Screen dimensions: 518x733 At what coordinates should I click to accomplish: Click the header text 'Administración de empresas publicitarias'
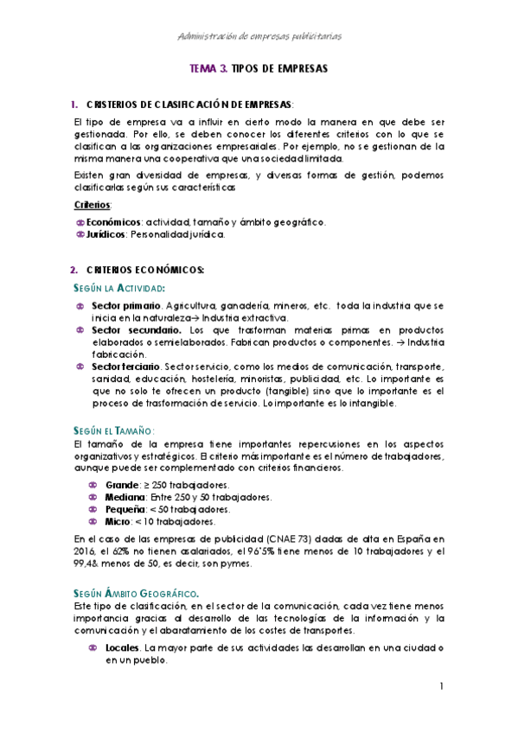[x=259, y=36]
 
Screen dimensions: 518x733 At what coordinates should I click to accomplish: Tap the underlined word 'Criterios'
[x=93, y=205]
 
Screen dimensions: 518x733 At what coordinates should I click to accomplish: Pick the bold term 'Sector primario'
[x=127, y=306]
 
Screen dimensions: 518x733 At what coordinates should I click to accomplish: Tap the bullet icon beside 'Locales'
[x=93, y=647]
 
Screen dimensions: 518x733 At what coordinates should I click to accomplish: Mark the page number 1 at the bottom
[x=442, y=687]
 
